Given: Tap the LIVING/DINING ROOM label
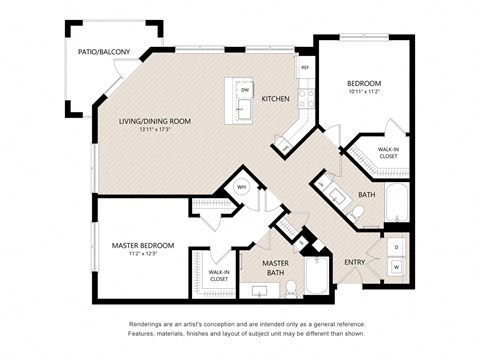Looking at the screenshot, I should tap(154, 121).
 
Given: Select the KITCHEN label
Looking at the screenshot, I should tap(276, 99).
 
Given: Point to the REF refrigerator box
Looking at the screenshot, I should tap(305, 67).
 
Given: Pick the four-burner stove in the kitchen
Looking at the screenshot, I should tap(306, 97).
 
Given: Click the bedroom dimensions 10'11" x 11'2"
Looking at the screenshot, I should tap(366, 92).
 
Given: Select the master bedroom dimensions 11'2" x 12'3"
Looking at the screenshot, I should tap(142, 254).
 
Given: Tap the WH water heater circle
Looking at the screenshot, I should tap(241, 187).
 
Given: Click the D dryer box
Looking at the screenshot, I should tap(396, 246).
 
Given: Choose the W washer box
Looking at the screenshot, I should tap(396, 267).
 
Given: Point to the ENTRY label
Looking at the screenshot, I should tap(355, 261).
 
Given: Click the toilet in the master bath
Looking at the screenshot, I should tap(291, 288).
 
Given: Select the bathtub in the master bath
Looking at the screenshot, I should tap(316, 276).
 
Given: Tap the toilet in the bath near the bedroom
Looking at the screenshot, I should tap(358, 211).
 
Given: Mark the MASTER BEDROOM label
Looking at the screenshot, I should tap(142, 245).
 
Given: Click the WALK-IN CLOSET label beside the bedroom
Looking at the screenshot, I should tap(388, 152).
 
